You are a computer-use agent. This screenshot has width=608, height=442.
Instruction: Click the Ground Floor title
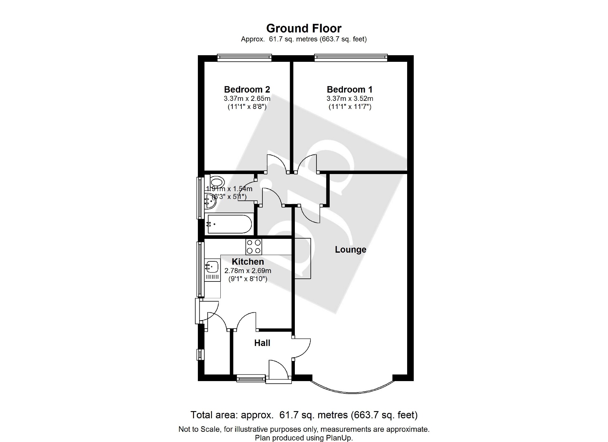[x=304, y=29]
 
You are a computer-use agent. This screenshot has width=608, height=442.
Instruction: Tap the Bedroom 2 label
[x=247, y=89]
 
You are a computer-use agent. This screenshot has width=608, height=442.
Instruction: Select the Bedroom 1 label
[x=349, y=89]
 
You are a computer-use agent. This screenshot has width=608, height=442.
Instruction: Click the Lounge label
[x=350, y=250]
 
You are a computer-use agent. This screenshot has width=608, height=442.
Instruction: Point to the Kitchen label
[x=248, y=262]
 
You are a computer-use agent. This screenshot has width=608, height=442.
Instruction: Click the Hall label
[x=262, y=343]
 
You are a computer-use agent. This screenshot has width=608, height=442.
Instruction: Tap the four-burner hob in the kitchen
[x=254, y=247]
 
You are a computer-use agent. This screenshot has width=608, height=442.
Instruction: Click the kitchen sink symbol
[x=212, y=266]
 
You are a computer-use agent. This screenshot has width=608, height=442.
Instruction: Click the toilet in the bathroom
[x=217, y=182]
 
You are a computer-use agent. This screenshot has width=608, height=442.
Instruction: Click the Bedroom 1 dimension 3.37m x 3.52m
[x=350, y=98]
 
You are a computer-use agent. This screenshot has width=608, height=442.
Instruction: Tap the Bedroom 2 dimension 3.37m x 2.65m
[x=247, y=98]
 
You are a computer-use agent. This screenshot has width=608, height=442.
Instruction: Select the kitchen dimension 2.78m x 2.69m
[x=248, y=271]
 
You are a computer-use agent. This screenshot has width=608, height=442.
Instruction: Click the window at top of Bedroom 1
[x=350, y=57]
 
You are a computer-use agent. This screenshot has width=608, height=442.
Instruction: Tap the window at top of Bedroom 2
[x=244, y=57]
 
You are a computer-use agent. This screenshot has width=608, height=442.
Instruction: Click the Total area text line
[x=304, y=415]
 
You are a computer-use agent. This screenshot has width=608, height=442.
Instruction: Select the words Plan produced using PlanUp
[x=304, y=438]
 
